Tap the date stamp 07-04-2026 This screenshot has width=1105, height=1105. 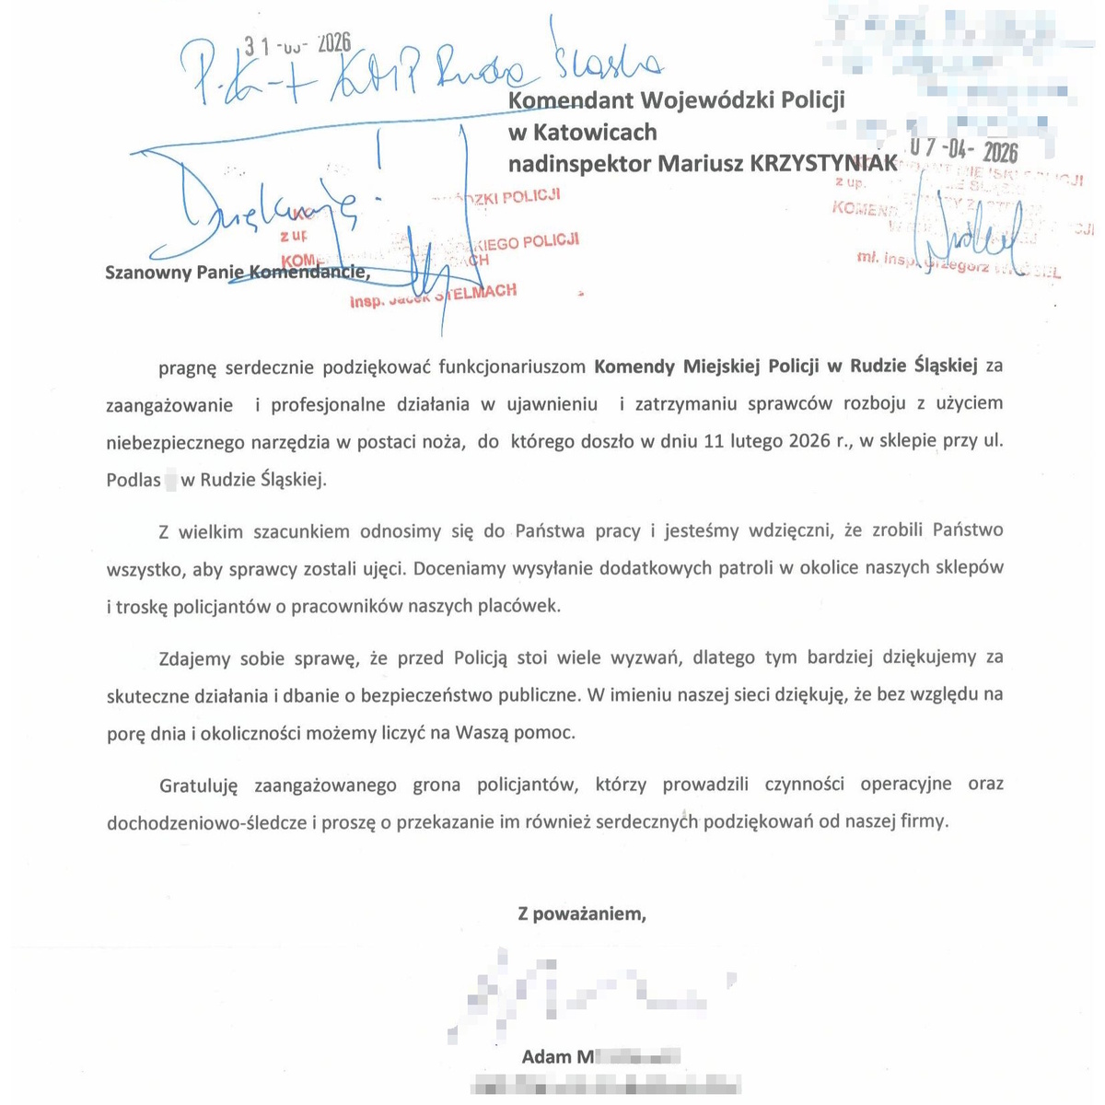tap(962, 150)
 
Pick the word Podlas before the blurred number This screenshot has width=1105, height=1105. tap(134, 480)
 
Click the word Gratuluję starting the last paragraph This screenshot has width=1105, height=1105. tap(198, 785)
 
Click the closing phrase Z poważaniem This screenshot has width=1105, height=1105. tap(582, 914)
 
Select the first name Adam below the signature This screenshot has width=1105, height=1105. tap(546, 1056)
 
